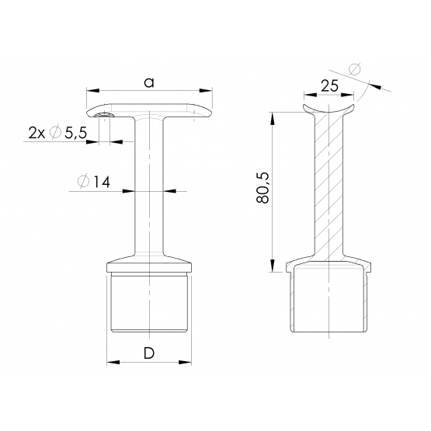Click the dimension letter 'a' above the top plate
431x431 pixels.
149,82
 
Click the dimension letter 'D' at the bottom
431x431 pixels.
149,353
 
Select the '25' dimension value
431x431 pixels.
329,86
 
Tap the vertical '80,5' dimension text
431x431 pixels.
262,188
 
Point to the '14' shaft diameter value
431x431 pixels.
103,182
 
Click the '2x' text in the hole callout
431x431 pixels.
36,134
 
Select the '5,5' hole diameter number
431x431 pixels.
75,134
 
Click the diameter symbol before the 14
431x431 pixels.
84,182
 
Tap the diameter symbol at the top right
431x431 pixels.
355,69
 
